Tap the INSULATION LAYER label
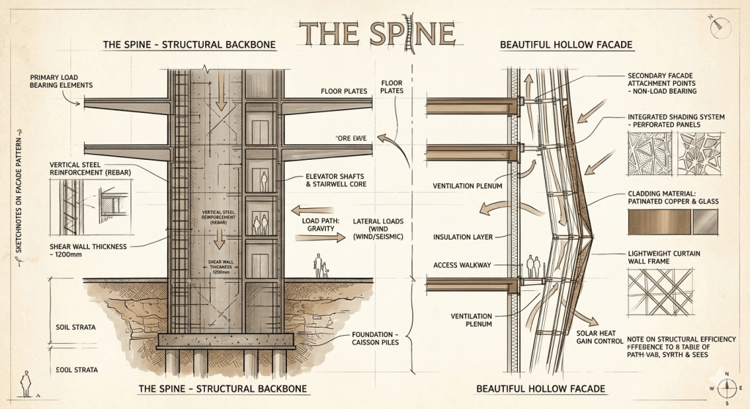coord(462,237)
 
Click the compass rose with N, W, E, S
coord(725,388)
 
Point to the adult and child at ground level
coord(320,266)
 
